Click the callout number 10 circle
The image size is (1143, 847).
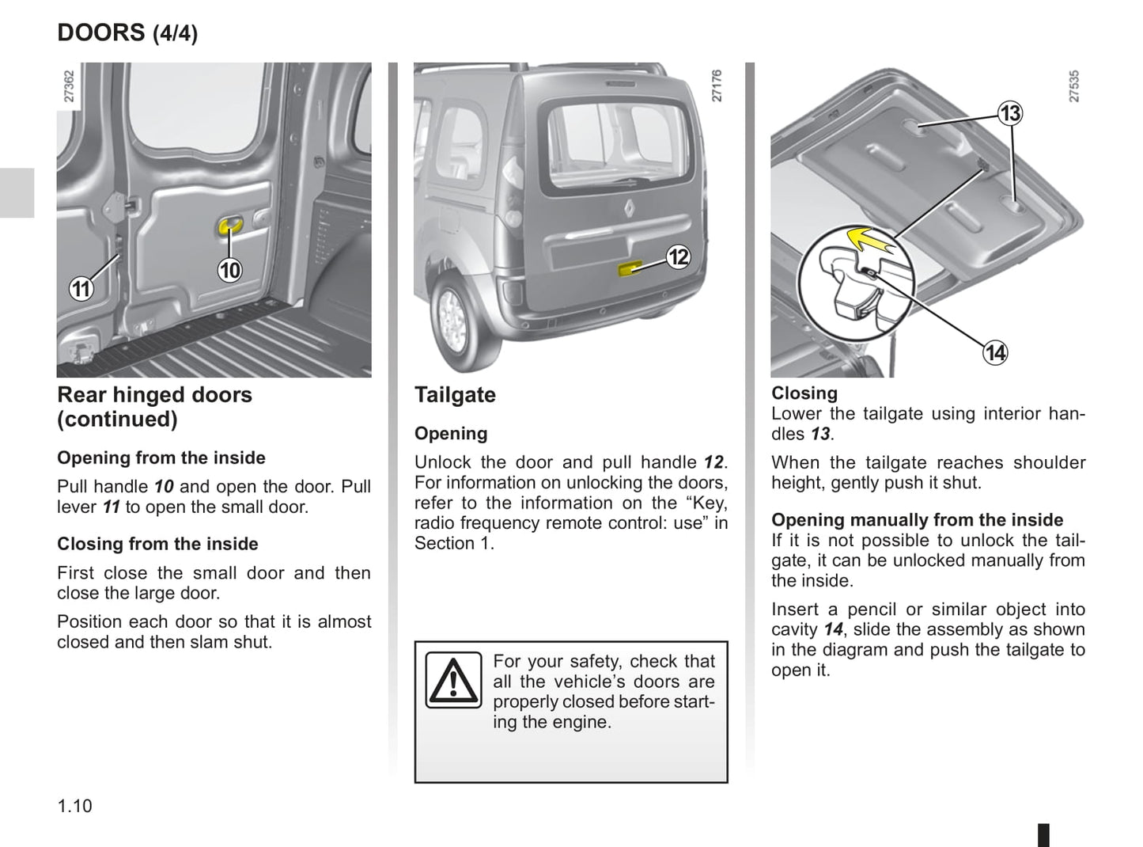click(229, 271)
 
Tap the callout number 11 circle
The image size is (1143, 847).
click(81, 289)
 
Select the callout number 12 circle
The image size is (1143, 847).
click(678, 257)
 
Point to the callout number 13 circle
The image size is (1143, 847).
click(1010, 113)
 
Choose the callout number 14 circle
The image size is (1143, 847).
click(995, 352)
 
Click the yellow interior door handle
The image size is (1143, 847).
click(229, 226)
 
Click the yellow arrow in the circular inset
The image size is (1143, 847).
click(865, 237)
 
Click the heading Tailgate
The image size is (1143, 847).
click(455, 395)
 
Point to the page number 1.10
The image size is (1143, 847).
click(74, 806)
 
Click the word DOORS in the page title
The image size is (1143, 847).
click(101, 32)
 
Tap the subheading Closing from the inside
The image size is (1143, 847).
click(157, 544)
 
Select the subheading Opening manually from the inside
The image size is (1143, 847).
click(917, 520)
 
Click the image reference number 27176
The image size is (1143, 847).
click(717, 85)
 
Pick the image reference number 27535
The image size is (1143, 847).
click(1073, 86)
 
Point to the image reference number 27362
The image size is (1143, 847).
click(69, 86)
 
